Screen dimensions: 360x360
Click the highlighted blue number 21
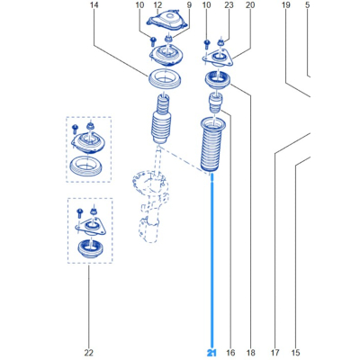coord(211,353)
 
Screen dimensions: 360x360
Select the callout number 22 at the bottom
coord(89,353)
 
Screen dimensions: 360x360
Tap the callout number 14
coord(94,5)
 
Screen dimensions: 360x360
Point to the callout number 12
coord(157,5)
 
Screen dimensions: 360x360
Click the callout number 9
coord(189,5)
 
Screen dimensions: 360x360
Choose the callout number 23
coord(229,5)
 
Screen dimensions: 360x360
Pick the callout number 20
coord(250,5)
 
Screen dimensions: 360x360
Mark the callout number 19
coord(286,5)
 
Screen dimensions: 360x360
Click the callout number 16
coord(230,353)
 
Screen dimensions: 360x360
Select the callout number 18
coord(250,353)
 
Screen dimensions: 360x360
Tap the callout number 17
coord(274,353)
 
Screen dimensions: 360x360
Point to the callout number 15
coord(295,353)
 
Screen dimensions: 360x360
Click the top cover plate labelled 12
coord(167,21)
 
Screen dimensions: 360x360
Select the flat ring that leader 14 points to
coord(165,85)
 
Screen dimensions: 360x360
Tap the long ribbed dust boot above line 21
coord(212,147)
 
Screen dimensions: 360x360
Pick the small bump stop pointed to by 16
coord(216,103)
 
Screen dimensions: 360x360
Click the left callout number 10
coord(139,5)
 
